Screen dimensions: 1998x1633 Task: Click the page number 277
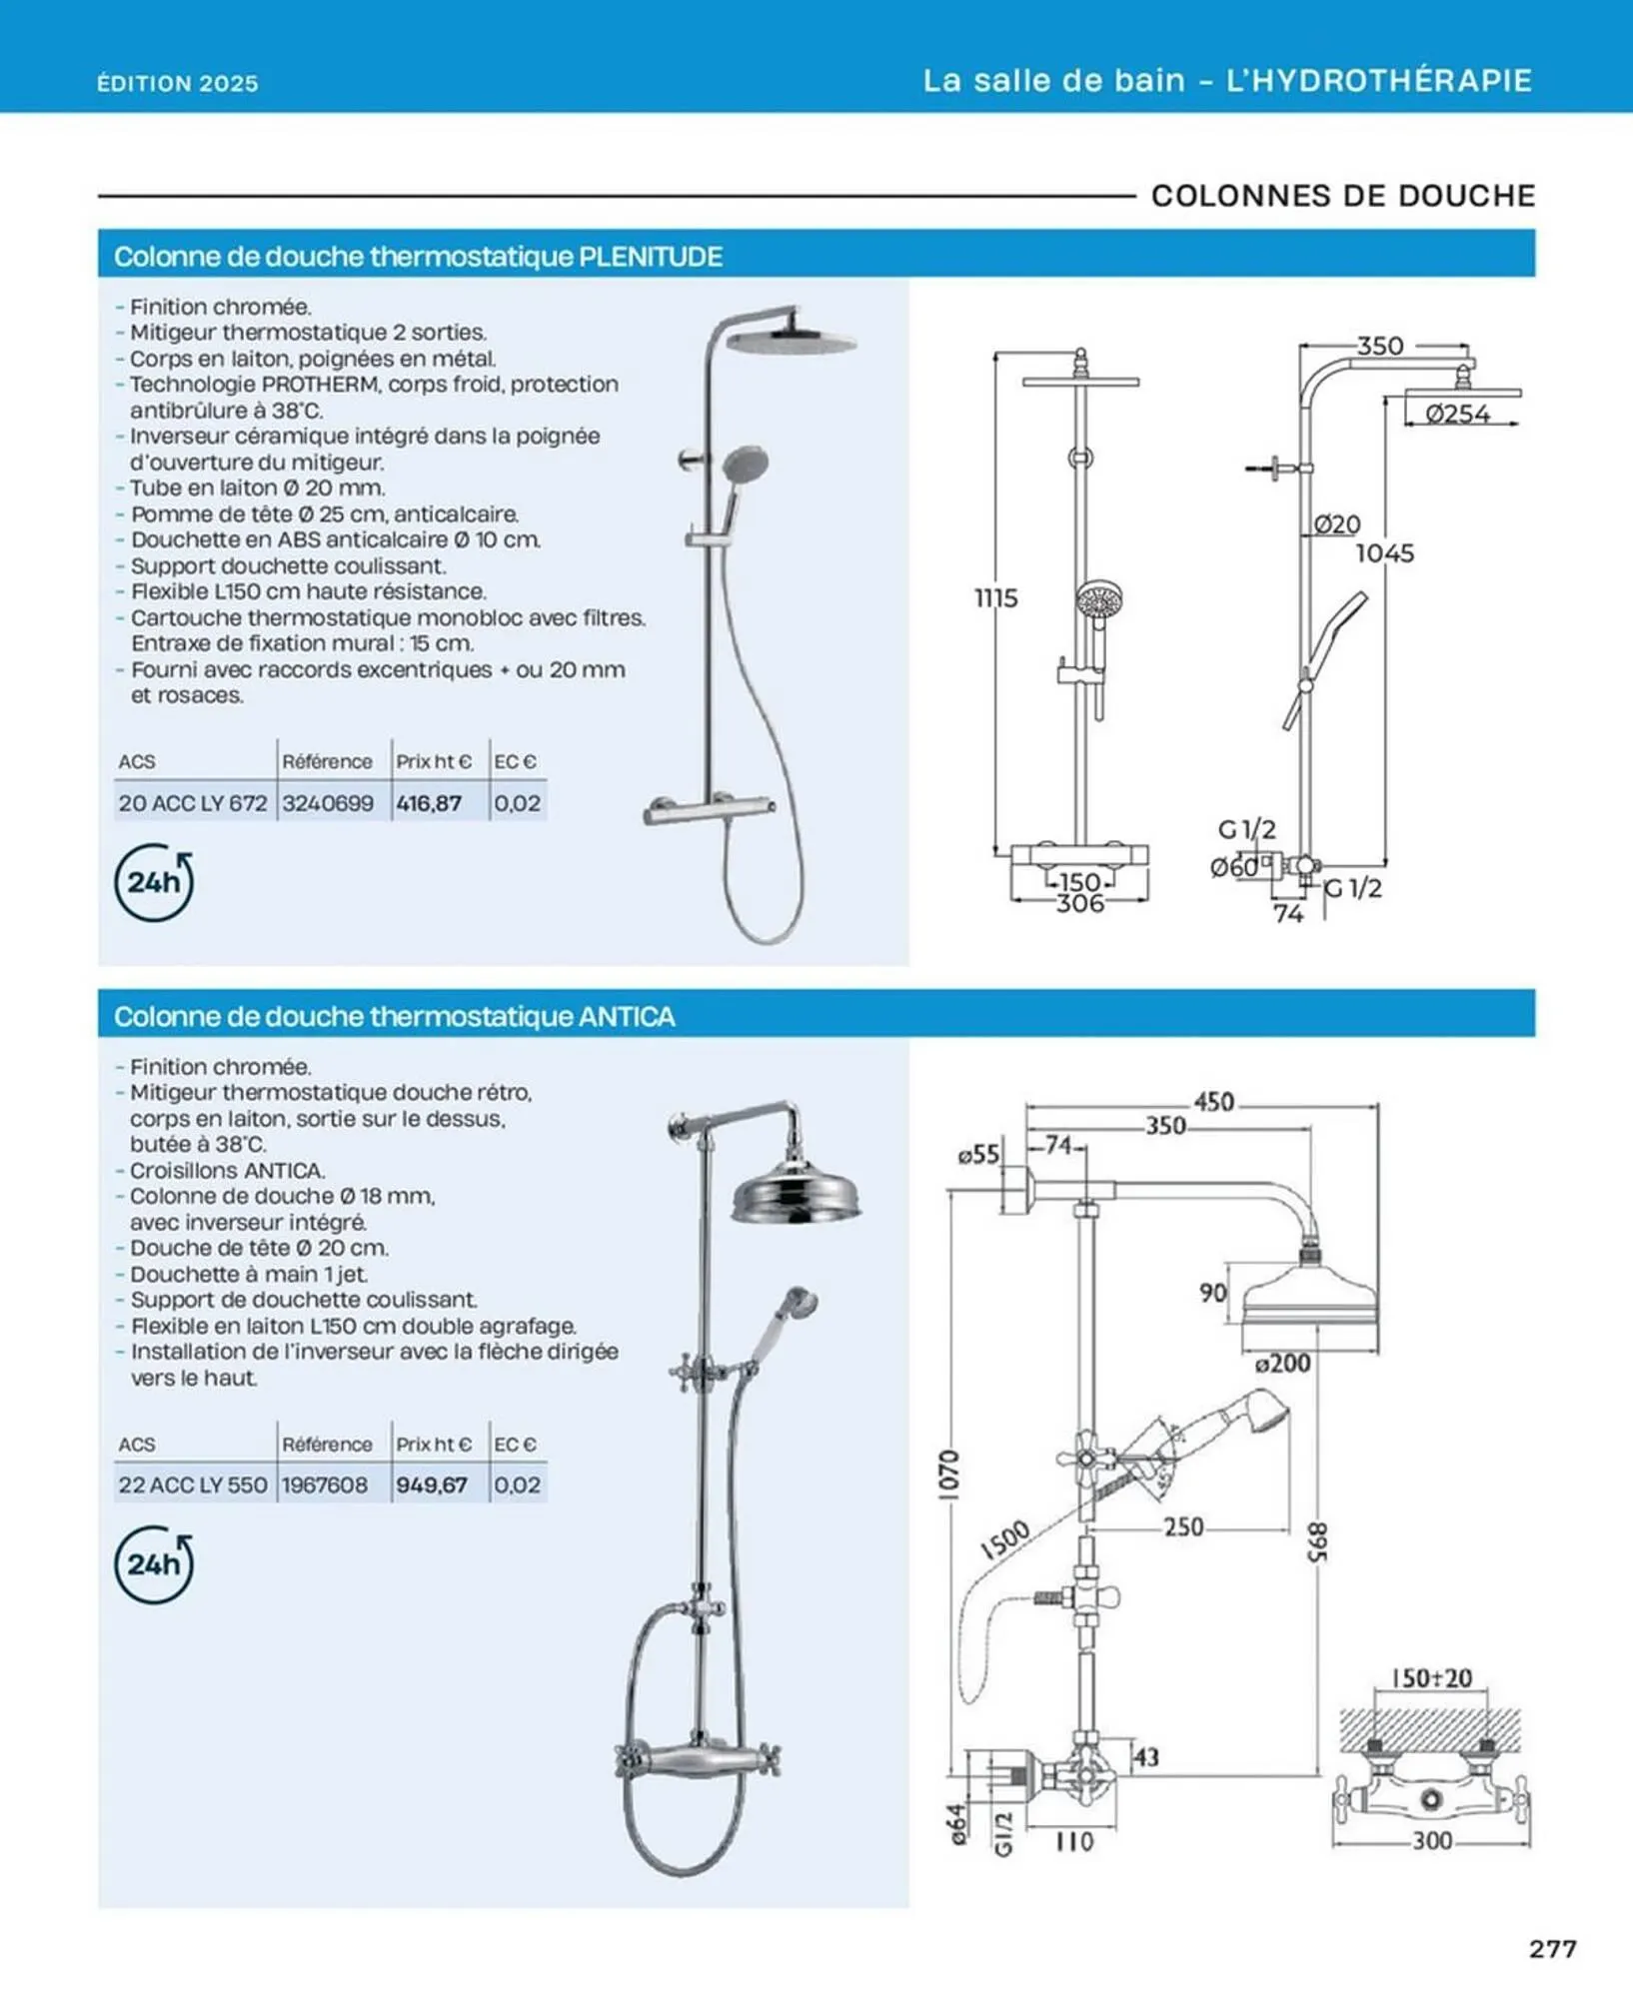pos(1552,1948)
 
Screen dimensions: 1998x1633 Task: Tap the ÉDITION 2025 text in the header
pos(178,83)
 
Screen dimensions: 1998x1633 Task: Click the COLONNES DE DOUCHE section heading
pos(1342,196)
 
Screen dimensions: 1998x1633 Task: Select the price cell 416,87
pos(429,802)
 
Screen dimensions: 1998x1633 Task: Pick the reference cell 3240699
pos(328,802)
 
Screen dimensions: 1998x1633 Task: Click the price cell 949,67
pos(432,1485)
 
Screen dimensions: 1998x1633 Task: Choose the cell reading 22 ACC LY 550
pos(193,1485)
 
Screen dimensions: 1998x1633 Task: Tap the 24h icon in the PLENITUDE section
pos(154,882)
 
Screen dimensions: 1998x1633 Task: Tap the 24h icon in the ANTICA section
pos(154,1564)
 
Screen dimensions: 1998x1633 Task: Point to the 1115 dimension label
pos(995,598)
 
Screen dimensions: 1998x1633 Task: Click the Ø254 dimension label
pos(1457,414)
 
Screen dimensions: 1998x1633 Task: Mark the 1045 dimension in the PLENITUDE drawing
pos(1384,552)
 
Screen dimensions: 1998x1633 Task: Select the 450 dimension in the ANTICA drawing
pos(1213,1102)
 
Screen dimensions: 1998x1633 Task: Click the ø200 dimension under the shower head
pos(1282,1363)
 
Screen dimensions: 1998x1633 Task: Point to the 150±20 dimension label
pos(1431,1677)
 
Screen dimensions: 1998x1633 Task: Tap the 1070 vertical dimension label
pos(950,1475)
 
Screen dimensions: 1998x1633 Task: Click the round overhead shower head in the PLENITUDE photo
pos(792,341)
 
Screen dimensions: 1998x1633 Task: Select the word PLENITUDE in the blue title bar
pos(651,257)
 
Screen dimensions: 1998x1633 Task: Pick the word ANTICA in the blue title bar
pos(627,1017)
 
